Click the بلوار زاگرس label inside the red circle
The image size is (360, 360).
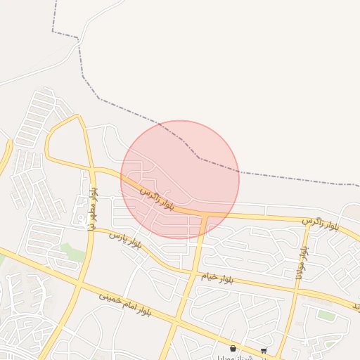click(x=156, y=198)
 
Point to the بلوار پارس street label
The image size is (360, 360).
click(x=126, y=239)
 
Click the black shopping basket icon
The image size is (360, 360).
click(x=233, y=348)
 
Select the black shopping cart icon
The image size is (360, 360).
click(x=264, y=350)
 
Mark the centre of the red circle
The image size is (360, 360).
click(x=180, y=180)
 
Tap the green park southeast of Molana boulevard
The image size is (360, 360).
click(x=326, y=315)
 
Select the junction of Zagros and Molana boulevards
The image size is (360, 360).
click(x=307, y=223)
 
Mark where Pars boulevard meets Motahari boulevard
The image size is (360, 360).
click(x=91, y=230)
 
